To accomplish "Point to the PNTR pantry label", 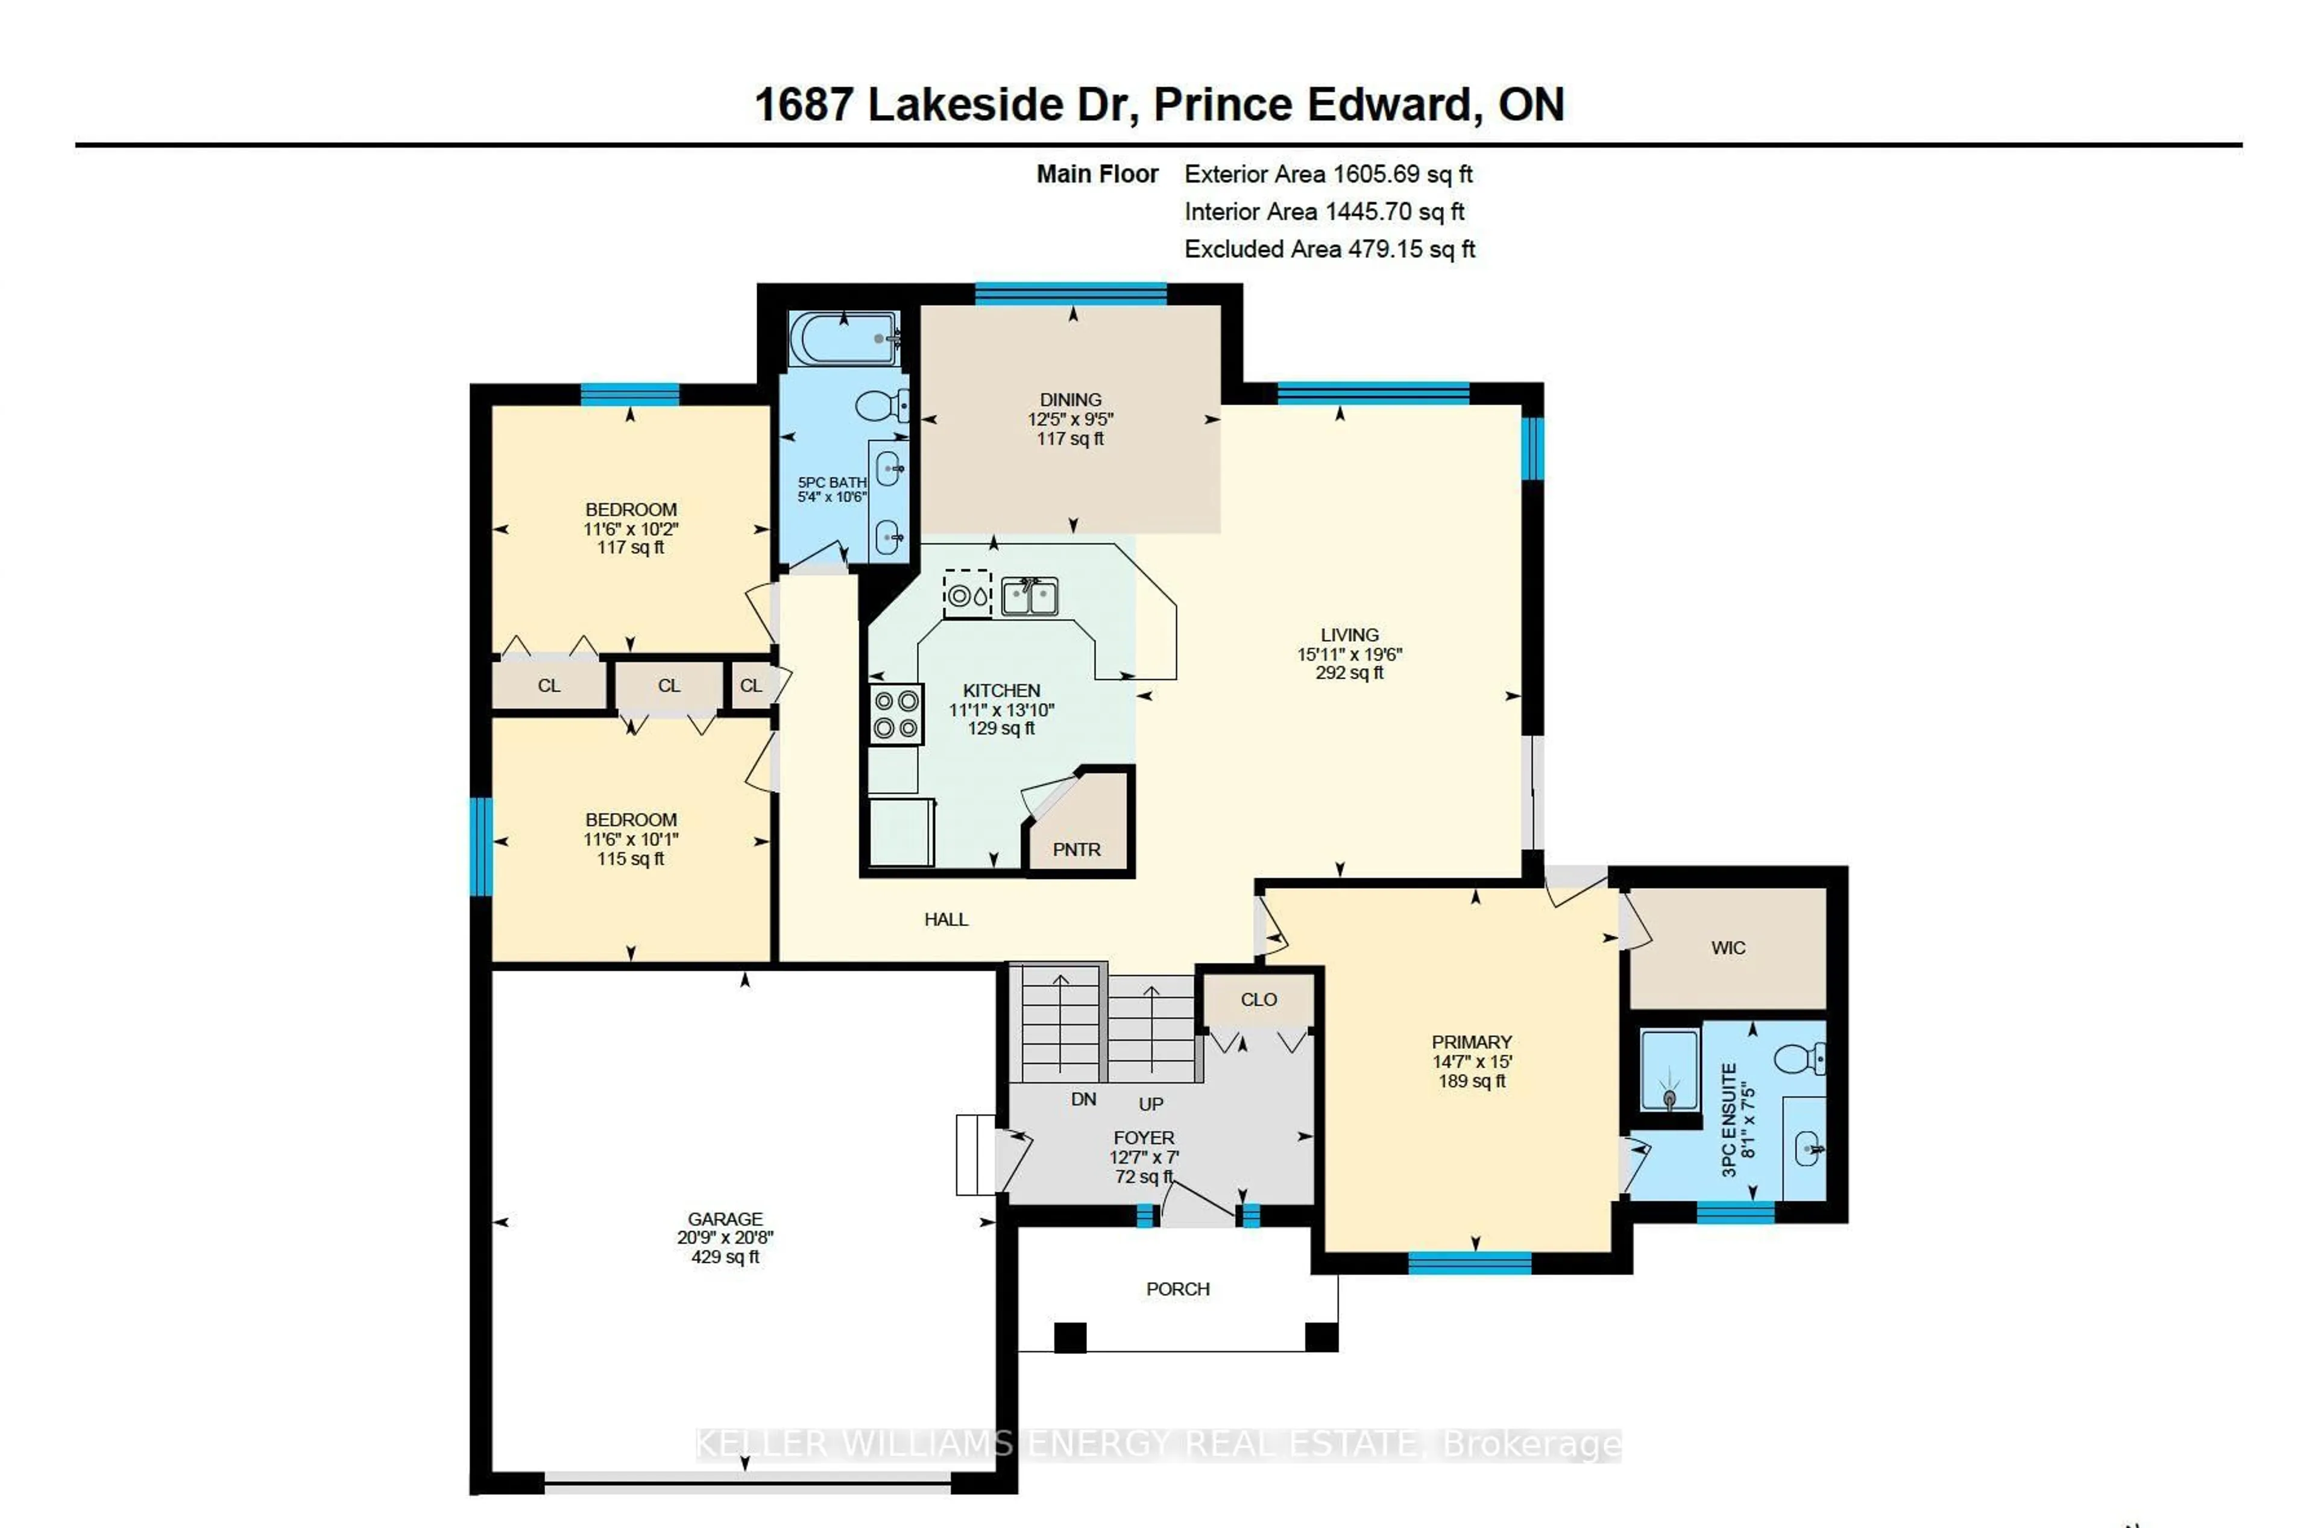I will click(1076, 850).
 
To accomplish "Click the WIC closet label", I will click(1727, 947).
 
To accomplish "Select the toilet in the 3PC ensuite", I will click(1800, 1058).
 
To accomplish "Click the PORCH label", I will click(1177, 1289).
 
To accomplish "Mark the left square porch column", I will click(1070, 1337).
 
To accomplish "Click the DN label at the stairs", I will click(1083, 1099).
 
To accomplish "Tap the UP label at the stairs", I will click(1151, 1104).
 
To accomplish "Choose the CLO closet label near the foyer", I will click(1258, 1000).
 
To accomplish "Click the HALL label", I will click(945, 919).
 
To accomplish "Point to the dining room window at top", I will click(1070, 293).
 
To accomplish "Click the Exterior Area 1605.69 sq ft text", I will click(1328, 175).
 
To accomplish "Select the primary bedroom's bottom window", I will click(1469, 1263).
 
